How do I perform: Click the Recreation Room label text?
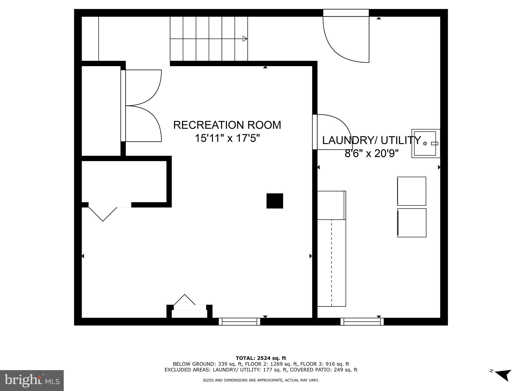point(227,125)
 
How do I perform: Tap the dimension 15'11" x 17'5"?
point(227,138)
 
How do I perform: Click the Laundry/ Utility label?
point(371,140)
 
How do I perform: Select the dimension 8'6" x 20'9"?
point(371,153)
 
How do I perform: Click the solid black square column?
point(275,201)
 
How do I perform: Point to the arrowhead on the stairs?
point(245,39)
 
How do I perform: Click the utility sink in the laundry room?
point(425,144)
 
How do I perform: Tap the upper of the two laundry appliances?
point(412,191)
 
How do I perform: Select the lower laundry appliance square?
point(412,223)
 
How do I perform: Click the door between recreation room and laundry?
point(331,132)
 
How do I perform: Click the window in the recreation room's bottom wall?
point(239,322)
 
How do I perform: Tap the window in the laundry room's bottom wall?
point(362,322)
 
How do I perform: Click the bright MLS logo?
point(32,380)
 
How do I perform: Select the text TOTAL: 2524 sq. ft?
point(261,358)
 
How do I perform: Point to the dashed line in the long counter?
point(332,262)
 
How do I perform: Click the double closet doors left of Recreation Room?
point(143,106)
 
